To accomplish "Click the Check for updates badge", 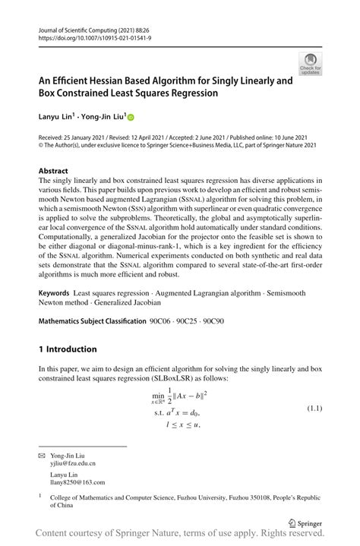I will click(310, 63).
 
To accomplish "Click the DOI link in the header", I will click(87, 36).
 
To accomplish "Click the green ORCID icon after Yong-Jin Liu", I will click(130, 118).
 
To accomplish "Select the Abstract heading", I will click(52, 172).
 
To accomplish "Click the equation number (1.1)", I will click(315, 409).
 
